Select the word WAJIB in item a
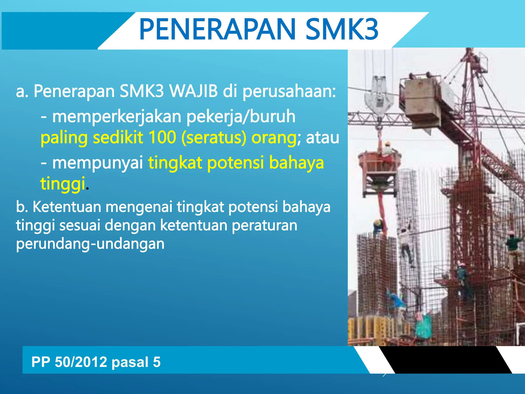(x=194, y=91)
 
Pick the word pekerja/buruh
(x=241, y=117)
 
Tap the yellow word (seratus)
(x=214, y=138)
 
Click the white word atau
(x=322, y=137)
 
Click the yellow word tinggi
(x=63, y=184)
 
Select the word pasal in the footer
(x=130, y=362)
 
